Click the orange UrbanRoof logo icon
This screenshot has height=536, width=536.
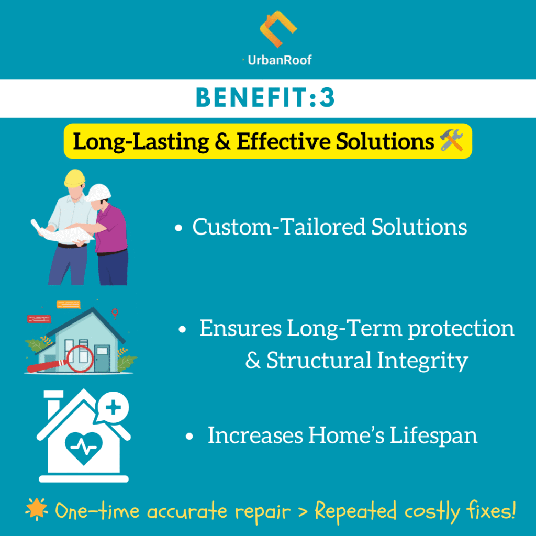pyautogui.click(x=278, y=29)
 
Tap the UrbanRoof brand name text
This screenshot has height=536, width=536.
pyautogui.click(x=280, y=60)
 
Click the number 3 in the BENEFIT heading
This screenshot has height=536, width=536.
pyautogui.click(x=327, y=97)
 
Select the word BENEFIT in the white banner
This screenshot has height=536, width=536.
pyautogui.click(x=252, y=97)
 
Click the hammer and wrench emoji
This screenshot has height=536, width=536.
pyautogui.click(x=452, y=140)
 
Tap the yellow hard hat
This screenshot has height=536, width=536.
pyautogui.click(x=74, y=178)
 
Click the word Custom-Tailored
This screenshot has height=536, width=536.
pyautogui.click(x=279, y=227)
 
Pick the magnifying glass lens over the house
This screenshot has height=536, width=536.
pyautogui.click(x=80, y=359)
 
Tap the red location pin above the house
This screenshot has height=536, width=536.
pyautogui.click(x=115, y=313)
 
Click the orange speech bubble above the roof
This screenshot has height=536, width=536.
pyautogui.click(x=69, y=305)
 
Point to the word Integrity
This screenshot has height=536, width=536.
pyautogui.click(x=422, y=361)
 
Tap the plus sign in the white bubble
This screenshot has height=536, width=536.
pyautogui.click(x=114, y=407)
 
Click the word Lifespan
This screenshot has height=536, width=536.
pyautogui.click(x=433, y=436)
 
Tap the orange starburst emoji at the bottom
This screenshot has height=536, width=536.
pyautogui.click(x=37, y=509)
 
